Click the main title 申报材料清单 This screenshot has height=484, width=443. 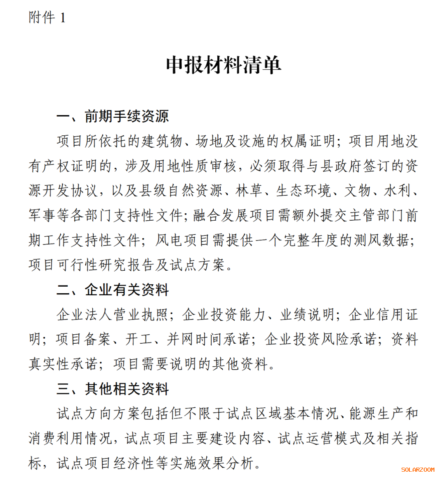click(x=223, y=65)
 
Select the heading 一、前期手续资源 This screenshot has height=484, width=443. click(x=112, y=116)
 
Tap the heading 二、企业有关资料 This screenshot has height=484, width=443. click(x=112, y=290)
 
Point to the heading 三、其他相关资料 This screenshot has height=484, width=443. click(x=112, y=389)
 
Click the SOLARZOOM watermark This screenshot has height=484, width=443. click(x=417, y=470)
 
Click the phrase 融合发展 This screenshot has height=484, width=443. click(x=221, y=216)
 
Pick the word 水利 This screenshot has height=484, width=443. click(x=397, y=191)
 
